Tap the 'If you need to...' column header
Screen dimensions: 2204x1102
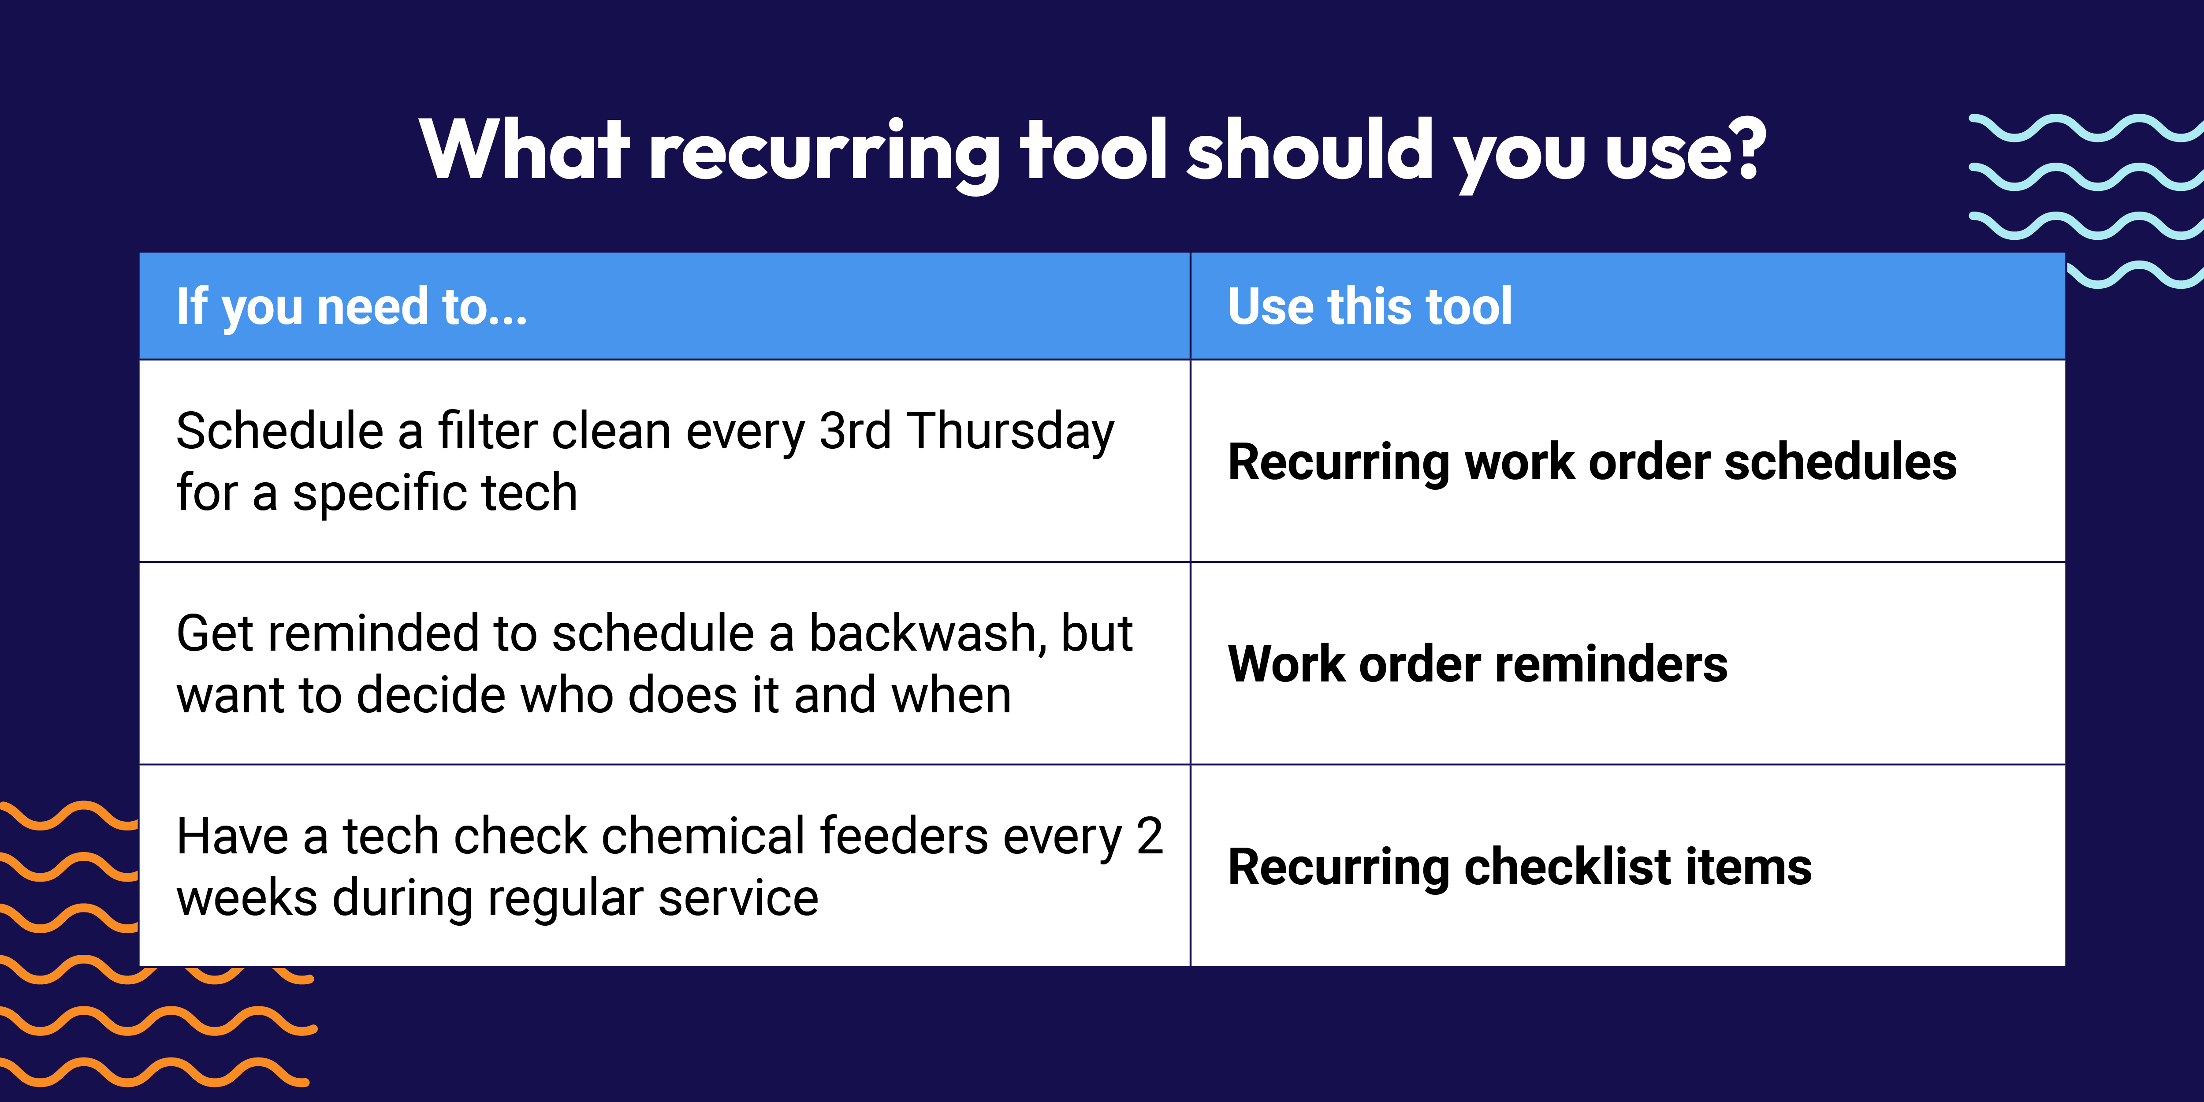352,306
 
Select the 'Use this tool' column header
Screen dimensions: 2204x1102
1370,306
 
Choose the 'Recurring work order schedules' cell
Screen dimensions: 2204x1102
1592,462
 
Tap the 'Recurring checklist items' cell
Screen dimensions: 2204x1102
1519,867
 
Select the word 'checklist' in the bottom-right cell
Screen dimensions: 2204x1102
1568,867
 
